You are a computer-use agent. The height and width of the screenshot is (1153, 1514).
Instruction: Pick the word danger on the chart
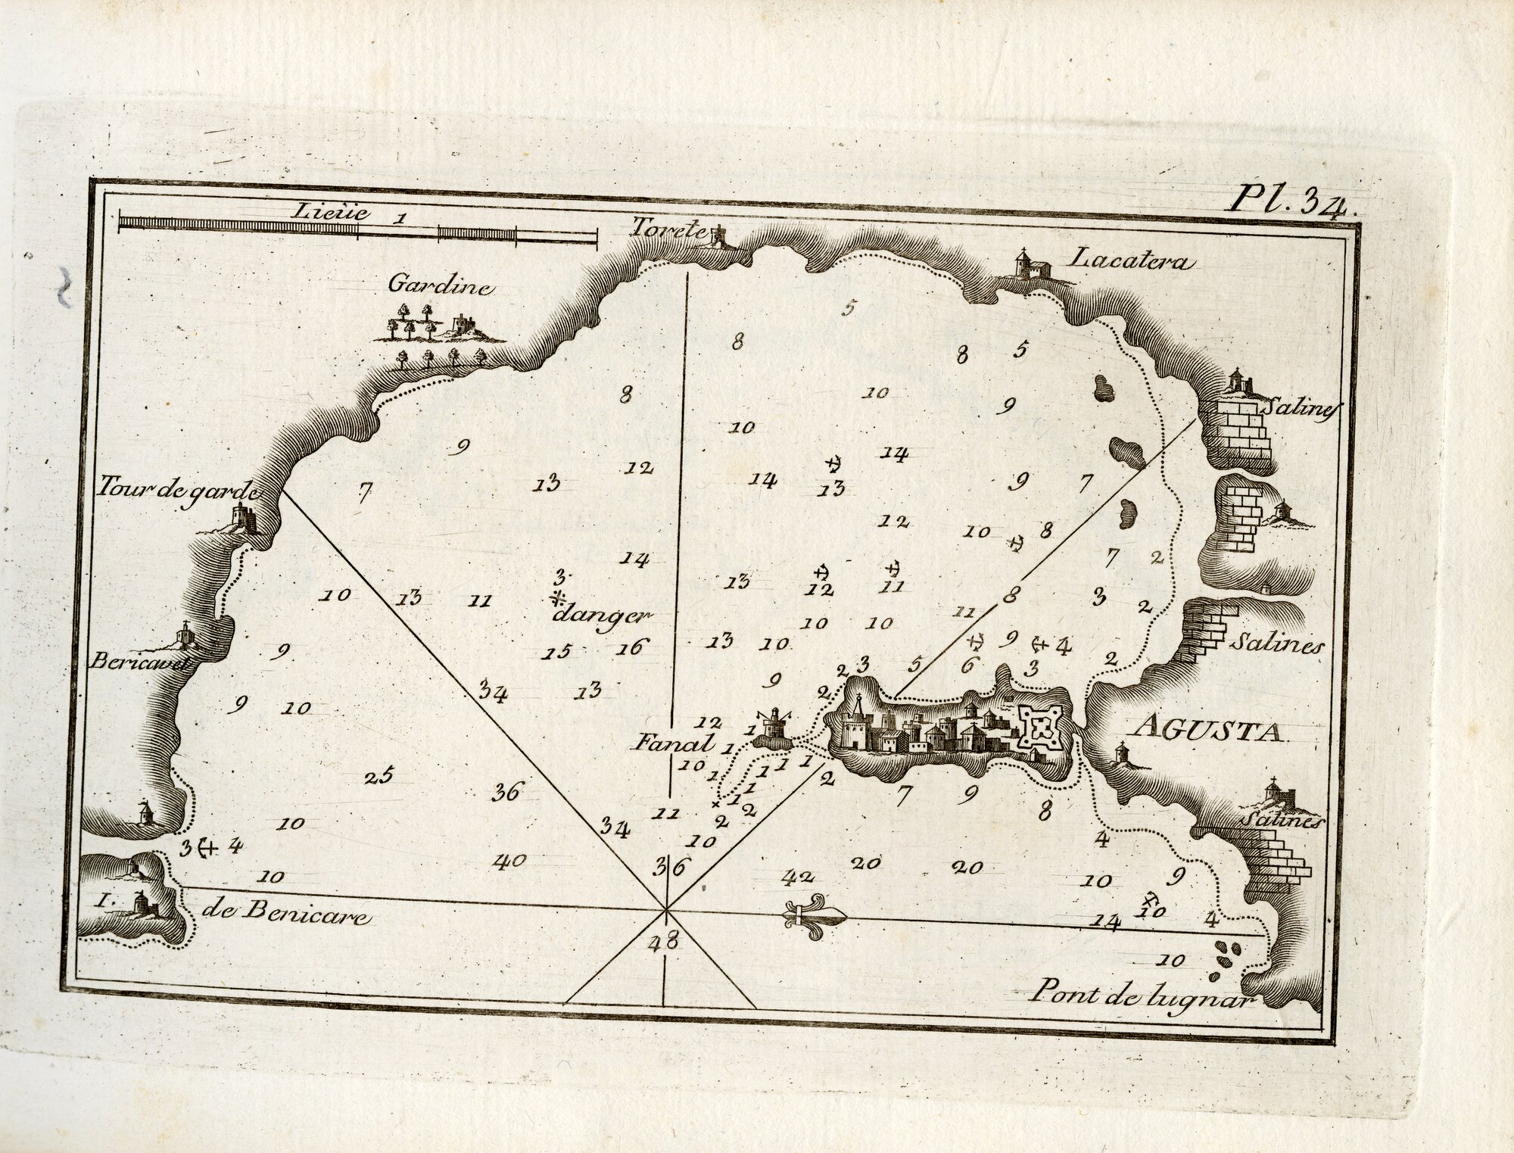point(602,615)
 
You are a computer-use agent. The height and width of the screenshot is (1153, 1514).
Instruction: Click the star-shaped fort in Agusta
point(1044,728)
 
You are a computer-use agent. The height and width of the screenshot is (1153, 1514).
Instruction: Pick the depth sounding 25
point(378,777)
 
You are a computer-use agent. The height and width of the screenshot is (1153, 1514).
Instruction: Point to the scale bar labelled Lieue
point(357,222)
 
